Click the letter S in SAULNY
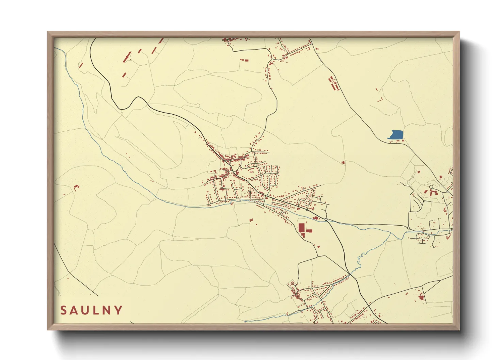click(x=63, y=310)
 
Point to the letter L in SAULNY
click(x=96, y=310)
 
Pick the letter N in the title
click(x=107, y=310)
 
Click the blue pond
click(x=396, y=134)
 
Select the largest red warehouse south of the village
click(x=302, y=228)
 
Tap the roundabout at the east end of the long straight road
click(x=408, y=228)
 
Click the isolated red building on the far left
click(x=76, y=186)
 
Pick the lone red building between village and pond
click(x=343, y=163)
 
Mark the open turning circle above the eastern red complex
click(x=431, y=187)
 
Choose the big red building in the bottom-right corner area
click(x=421, y=297)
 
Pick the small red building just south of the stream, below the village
click(x=251, y=220)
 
